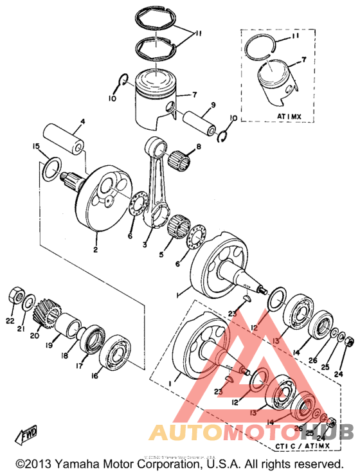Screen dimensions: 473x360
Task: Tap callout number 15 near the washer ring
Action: (37, 147)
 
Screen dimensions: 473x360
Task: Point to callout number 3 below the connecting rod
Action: (145, 245)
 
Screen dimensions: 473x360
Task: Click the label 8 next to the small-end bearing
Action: (198, 147)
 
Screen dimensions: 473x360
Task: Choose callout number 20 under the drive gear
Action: (36, 335)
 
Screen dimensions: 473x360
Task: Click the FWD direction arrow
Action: (26, 437)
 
